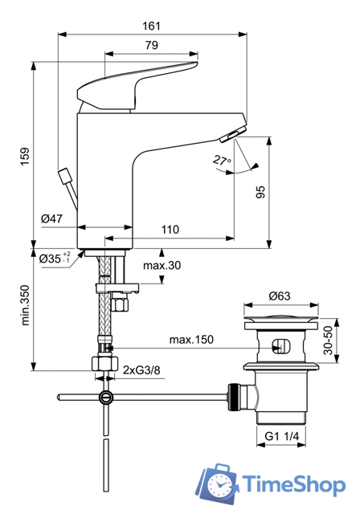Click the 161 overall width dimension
pyautogui.click(x=152, y=26)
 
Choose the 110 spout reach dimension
pyautogui.click(x=169, y=230)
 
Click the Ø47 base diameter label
pyautogui.click(x=52, y=218)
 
